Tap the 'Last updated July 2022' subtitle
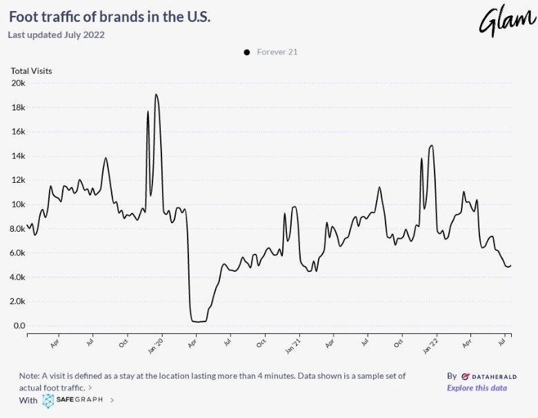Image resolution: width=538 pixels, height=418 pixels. click(56, 34)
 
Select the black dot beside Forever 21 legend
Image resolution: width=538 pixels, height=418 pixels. click(246, 52)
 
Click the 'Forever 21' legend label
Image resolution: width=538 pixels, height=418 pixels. click(277, 52)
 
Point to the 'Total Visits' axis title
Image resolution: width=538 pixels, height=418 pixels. click(31, 70)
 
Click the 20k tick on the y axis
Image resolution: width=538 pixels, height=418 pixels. click(18, 83)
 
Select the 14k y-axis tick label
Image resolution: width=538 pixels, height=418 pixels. click(18, 156)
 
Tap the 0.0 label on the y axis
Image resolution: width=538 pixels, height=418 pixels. click(19, 326)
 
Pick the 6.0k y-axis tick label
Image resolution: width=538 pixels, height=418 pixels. click(18, 253)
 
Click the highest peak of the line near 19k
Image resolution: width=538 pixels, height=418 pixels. click(156, 94)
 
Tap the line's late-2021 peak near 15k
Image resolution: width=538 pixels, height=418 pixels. click(431, 146)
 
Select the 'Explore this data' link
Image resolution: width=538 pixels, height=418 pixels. click(477, 388)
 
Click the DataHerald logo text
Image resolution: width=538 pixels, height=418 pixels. click(489, 376)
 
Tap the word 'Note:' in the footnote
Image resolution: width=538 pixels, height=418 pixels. click(30, 376)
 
